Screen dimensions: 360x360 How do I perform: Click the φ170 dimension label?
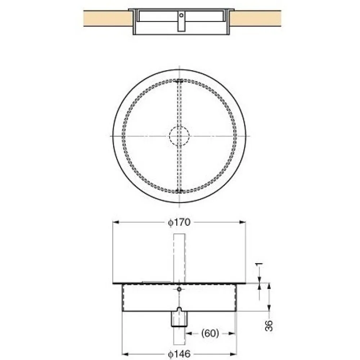(x=179, y=222)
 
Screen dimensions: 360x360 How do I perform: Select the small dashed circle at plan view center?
(x=179, y=136)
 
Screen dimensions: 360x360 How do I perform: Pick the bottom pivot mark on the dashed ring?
(x=179, y=191)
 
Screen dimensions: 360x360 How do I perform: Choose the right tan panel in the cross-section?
(x=256, y=18)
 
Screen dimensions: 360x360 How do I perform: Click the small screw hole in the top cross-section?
(x=182, y=15)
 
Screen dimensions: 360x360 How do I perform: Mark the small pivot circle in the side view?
(x=179, y=289)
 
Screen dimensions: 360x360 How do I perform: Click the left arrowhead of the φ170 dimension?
(x=116, y=222)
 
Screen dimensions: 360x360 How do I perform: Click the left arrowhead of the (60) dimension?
(x=188, y=333)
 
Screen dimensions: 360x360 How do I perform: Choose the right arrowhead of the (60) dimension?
(x=233, y=333)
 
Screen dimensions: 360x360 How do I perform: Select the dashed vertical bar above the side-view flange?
(x=179, y=257)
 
